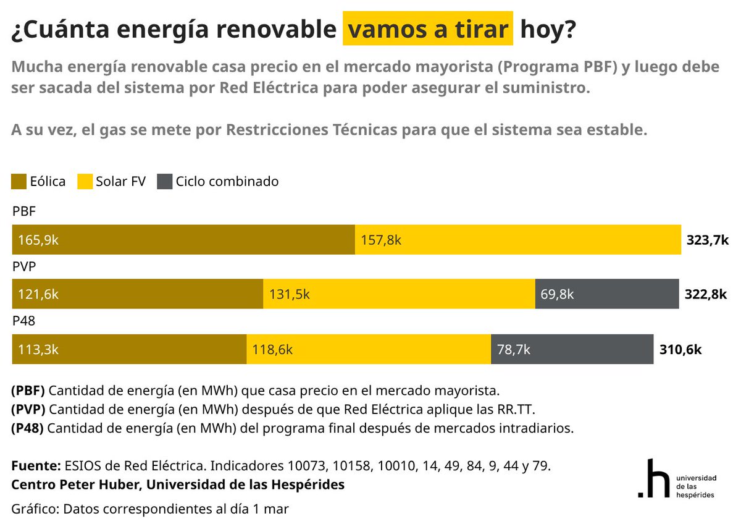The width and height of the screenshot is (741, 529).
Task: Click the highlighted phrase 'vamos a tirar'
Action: [428, 29]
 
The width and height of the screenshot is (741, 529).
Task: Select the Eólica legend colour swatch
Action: [19, 181]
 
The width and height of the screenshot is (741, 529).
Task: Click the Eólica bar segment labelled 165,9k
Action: [183, 240]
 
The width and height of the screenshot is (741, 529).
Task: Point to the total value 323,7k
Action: [708, 240]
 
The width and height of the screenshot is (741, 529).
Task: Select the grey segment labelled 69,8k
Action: [606, 294]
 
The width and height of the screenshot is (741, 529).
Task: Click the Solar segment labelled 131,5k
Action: [399, 294]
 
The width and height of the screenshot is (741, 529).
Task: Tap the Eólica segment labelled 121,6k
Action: [137, 294]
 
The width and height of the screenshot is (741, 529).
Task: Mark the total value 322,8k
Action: [706, 295]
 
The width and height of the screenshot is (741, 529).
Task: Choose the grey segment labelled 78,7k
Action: [572, 349]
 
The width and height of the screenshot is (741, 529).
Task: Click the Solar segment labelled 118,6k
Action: [368, 349]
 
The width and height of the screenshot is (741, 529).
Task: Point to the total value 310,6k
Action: [680, 350]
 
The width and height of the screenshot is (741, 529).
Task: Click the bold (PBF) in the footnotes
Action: [28, 391]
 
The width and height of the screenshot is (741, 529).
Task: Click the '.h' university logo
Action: [654, 478]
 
